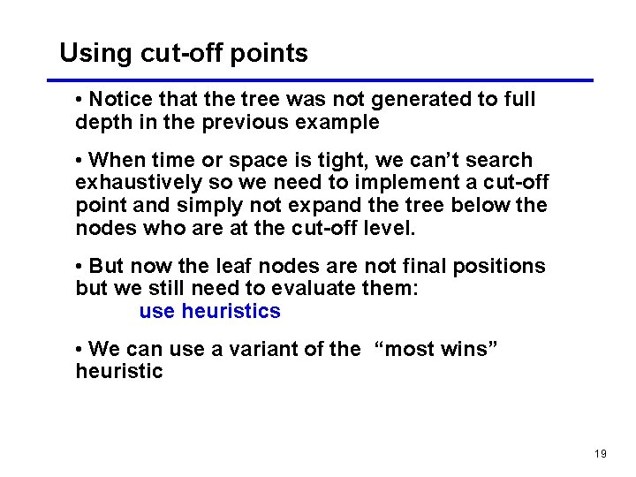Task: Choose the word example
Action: [x=339, y=122]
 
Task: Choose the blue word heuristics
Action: [x=231, y=312]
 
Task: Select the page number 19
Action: [x=601, y=454]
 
